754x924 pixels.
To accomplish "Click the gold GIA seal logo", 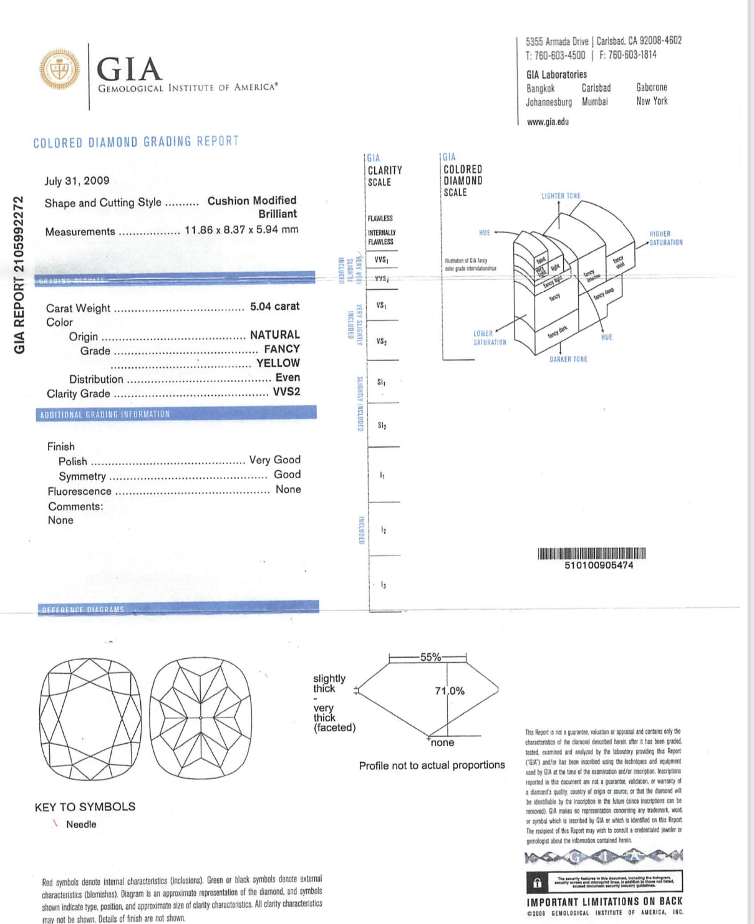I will tap(59, 69).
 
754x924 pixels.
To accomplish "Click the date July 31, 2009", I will tap(77, 181).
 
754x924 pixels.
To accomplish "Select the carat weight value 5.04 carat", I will tap(274, 306).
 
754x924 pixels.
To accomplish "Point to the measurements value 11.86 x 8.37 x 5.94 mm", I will tap(241, 229).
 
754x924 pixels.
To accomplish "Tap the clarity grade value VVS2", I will tap(286, 392).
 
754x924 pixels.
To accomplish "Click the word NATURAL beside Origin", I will tap(274, 335).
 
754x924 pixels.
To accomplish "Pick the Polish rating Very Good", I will tap(274, 460).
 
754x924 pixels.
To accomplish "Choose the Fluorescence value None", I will tap(288, 489).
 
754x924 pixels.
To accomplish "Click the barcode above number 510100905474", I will tap(591, 553).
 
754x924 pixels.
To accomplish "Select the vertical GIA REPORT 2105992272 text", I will tap(19, 275).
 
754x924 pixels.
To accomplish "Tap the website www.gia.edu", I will tap(548, 122).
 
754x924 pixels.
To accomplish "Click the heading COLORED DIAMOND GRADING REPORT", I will tap(136, 142).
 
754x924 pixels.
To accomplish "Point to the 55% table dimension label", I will tap(430, 657).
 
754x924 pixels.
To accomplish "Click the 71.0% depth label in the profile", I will tap(450, 691).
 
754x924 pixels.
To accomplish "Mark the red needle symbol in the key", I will tap(56, 824).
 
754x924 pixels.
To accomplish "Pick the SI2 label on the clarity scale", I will tap(382, 426).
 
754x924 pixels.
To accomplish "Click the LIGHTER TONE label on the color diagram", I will tap(561, 196).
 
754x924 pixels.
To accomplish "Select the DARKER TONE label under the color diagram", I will tap(568, 359).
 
